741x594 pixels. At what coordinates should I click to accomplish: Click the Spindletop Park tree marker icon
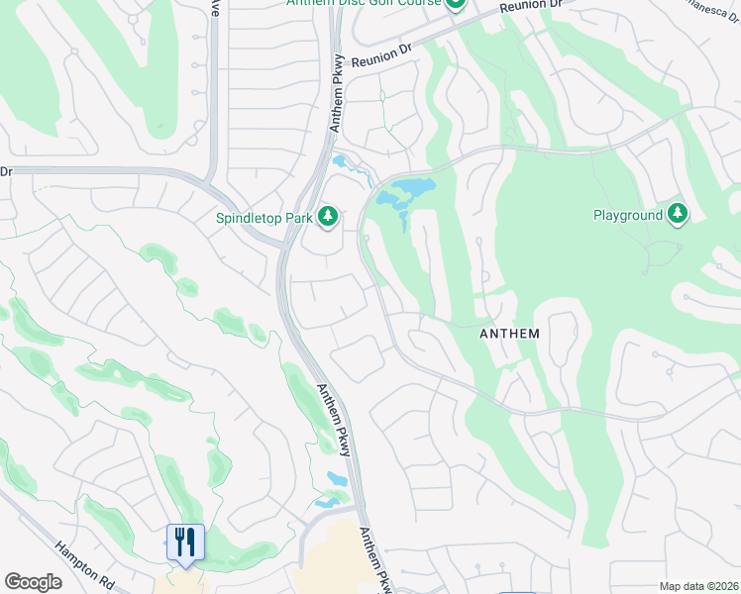(x=328, y=216)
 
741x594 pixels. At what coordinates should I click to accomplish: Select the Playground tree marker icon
(x=678, y=214)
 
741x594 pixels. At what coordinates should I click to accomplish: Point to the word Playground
(x=627, y=215)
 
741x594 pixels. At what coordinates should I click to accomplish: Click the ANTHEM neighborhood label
(x=509, y=334)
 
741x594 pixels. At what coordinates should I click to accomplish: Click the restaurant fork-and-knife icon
(x=185, y=543)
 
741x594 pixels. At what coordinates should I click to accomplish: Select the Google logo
(x=33, y=582)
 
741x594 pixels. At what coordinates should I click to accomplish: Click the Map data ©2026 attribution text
(x=698, y=586)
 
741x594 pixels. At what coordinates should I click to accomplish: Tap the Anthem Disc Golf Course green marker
(x=455, y=4)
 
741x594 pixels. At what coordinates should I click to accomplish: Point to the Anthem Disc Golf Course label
(x=363, y=4)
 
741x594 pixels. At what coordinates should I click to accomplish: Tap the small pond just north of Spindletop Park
(x=344, y=161)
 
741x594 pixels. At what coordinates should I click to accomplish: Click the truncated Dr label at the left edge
(x=5, y=171)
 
